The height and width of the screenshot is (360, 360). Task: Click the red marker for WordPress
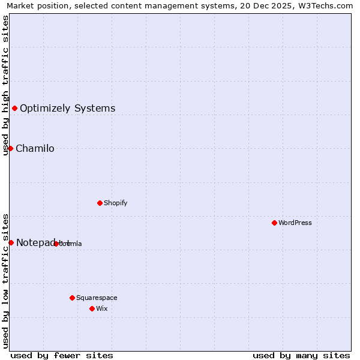click(x=274, y=223)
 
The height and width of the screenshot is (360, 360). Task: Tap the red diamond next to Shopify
click(x=100, y=203)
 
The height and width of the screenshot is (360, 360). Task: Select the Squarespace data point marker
click(x=72, y=298)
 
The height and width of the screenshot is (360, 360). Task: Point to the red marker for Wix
click(x=92, y=308)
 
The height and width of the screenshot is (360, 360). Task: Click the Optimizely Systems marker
click(x=14, y=108)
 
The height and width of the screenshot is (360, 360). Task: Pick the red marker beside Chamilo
click(x=10, y=148)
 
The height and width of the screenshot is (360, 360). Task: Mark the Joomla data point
click(x=56, y=244)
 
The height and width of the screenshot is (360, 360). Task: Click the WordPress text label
click(x=295, y=223)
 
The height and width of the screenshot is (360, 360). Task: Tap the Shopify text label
click(x=116, y=203)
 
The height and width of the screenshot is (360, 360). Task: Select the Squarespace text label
click(x=97, y=298)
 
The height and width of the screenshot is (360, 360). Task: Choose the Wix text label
click(x=101, y=308)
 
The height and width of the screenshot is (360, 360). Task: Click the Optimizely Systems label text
click(x=67, y=109)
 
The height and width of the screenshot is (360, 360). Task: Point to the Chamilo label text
click(x=35, y=149)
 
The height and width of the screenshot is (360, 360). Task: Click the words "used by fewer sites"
click(x=62, y=355)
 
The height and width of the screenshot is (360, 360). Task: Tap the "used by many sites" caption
click(x=301, y=355)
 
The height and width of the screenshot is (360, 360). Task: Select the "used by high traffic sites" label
click(x=5, y=85)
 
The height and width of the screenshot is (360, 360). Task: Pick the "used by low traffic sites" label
click(x=5, y=281)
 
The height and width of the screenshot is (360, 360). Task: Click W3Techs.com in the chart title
click(x=328, y=6)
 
